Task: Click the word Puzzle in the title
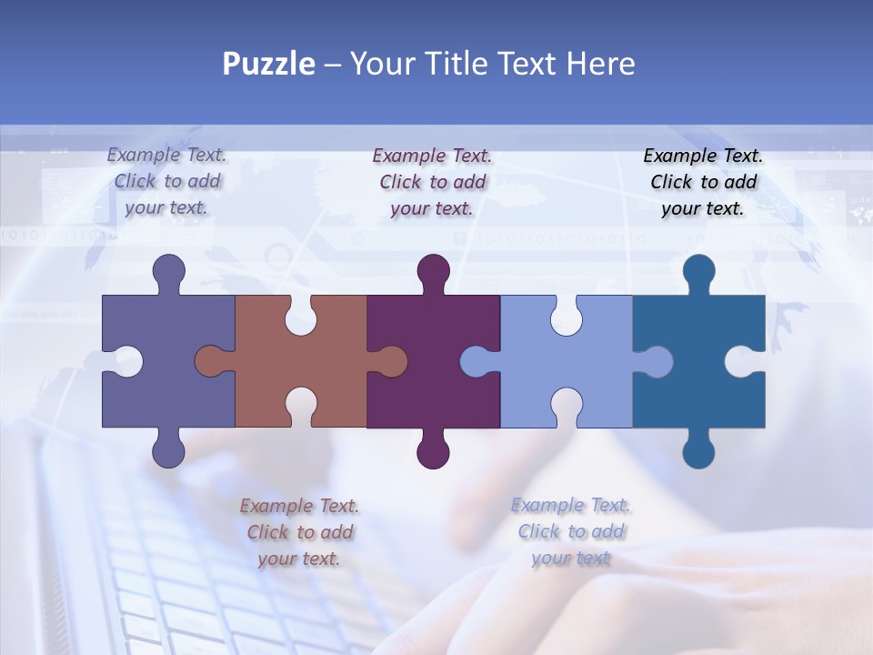pos(268,64)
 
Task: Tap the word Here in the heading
pos(600,64)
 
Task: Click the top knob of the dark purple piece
pos(433,271)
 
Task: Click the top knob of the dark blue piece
pos(698,271)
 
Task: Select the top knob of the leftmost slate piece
pos(168,271)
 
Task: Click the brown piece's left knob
pos(211,361)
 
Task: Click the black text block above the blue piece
pos(703,182)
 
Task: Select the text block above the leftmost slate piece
pos(167,182)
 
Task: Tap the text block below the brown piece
pos(299,532)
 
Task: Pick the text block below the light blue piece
pos(570,532)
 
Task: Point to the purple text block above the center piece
pos(432,182)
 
